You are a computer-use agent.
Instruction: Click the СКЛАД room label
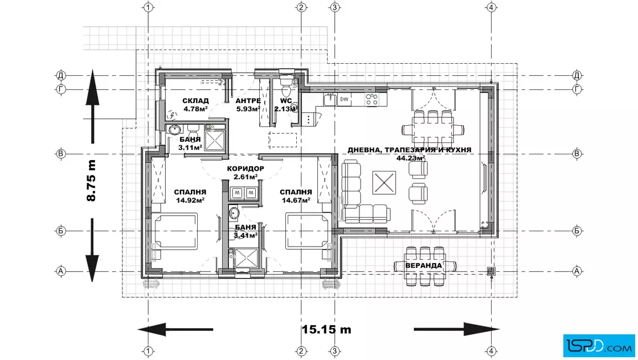[x=195, y=100]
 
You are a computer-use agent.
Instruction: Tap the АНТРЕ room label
[x=248, y=101]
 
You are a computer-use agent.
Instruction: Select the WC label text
[x=285, y=101]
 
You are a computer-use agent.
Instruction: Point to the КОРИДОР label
[x=246, y=169]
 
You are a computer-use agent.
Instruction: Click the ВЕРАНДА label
[x=423, y=265]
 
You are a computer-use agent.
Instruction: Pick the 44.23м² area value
[x=411, y=158]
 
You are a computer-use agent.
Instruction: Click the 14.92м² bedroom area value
[x=190, y=200]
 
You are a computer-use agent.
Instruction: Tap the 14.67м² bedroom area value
[x=296, y=200]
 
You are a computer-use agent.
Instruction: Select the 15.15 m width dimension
[x=326, y=329]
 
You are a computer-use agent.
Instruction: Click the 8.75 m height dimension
[x=91, y=181]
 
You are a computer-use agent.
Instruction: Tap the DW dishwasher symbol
[x=345, y=99]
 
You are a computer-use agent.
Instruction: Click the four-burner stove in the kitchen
[x=371, y=100]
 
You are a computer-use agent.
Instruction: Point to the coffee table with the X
[x=384, y=183]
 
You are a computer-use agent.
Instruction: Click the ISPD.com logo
[x=599, y=346]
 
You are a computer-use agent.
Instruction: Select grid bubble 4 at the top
[x=491, y=7]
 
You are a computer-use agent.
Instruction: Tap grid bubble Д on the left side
[x=60, y=75]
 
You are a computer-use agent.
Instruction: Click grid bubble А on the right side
[x=577, y=271]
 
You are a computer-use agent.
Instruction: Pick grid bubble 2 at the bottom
[x=301, y=351]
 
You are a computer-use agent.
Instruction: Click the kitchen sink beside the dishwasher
[x=330, y=99]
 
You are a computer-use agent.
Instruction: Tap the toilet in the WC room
[x=285, y=85]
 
